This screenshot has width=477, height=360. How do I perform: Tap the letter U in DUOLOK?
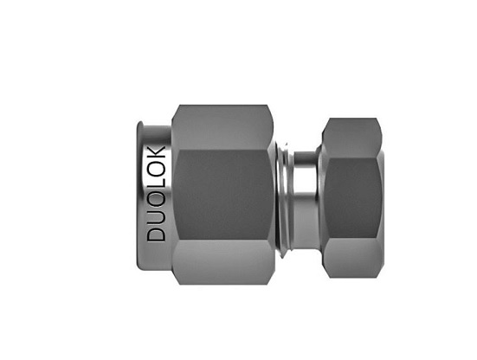tap(156, 216)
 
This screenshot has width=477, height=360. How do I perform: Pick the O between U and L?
tap(156, 199)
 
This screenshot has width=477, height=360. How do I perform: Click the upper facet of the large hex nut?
tap(222, 127)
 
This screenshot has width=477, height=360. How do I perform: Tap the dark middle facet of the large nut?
tap(223, 195)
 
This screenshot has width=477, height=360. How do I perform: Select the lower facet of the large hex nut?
tap(223, 262)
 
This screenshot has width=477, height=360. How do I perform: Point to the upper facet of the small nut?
tap(351, 138)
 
